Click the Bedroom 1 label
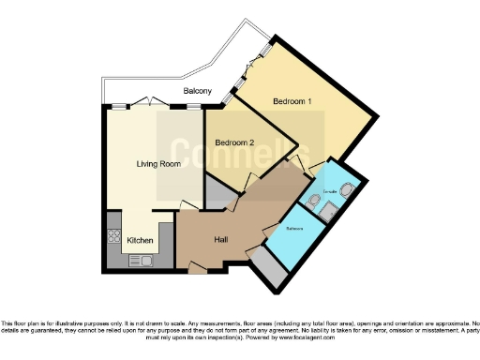pyautogui.click(x=292, y=100)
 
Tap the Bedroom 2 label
pyautogui.click(x=234, y=142)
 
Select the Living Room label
pyautogui.click(x=157, y=164)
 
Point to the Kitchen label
pyautogui.click(x=140, y=241)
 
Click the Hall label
pyautogui.click(x=221, y=240)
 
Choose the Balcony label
pyautogui.click(x=197, y=91)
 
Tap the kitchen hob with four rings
pyautogui.click(x=114, y=235)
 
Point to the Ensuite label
pyautogui.click(x=329, y=191)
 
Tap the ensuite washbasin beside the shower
pyautogui.click(x=313, y=199)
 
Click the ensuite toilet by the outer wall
pyautogui.click(x=346, y=190)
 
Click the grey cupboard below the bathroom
pyautogui.click(x=270, y=269)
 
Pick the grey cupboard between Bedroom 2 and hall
pyautogui.click(x=221, y=192)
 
